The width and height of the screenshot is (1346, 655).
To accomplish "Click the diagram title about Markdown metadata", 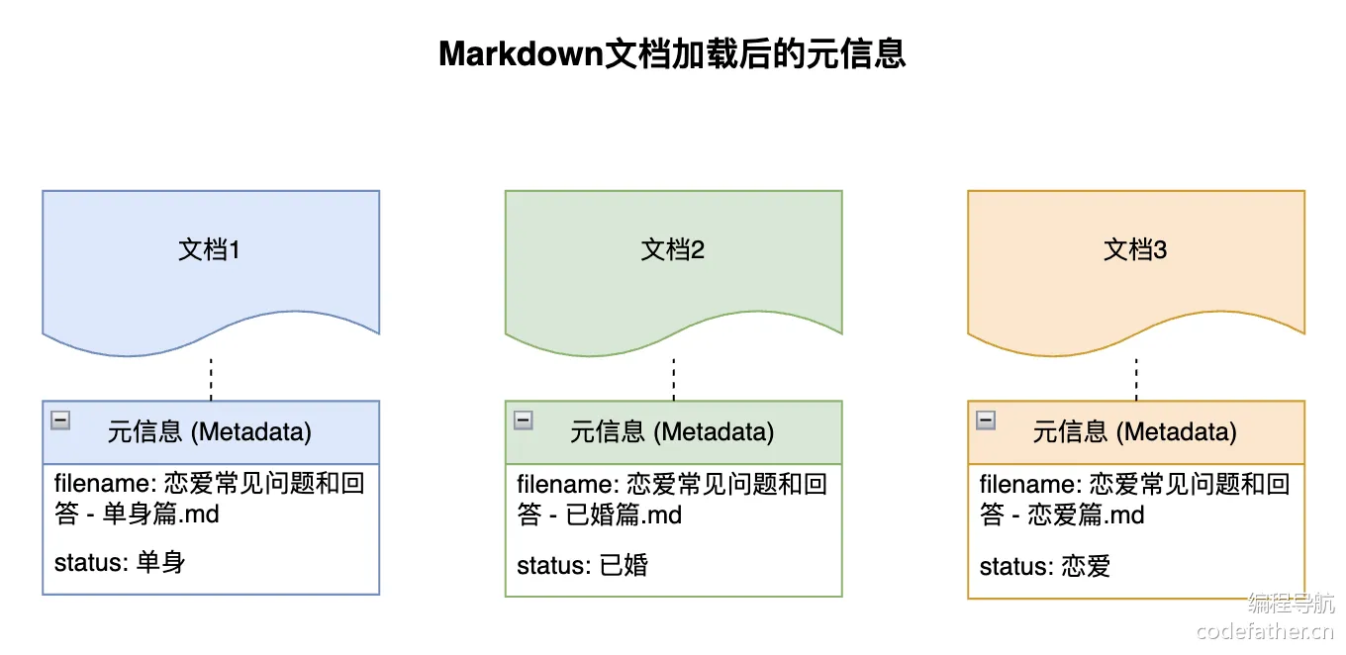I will click(672, 54).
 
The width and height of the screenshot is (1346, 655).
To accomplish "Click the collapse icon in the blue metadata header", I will click(60, 421).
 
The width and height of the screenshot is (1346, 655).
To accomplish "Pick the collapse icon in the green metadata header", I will click(524, 421).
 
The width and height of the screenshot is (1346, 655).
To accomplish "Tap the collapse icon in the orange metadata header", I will click(986, 421).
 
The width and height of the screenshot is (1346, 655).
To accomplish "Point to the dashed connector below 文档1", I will click(211, 378).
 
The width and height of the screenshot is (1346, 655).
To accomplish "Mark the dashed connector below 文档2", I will click(674, 378).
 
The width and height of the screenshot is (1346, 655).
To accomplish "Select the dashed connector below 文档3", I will click(1136, 378).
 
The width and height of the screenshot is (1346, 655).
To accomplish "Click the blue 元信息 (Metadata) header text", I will click(210, 432).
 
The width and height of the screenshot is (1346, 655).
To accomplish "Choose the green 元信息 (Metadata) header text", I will click(673, 432).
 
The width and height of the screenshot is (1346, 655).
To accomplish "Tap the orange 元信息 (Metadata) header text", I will click(1135, 432).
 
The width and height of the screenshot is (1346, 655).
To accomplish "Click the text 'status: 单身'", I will click(120, 563).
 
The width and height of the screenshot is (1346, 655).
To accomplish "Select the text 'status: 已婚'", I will click(582, 566).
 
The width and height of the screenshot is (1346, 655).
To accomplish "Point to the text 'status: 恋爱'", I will click(1045, 567).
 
